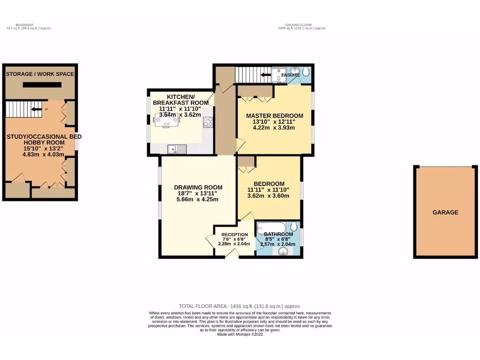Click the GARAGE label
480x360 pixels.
[445, 212]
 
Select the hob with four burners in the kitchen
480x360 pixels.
[208, 122]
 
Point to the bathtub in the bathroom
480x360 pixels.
[270, 227]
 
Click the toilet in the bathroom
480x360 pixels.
[293, 227]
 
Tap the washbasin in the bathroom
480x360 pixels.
[283, 252]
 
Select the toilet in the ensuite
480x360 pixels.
[306, 72]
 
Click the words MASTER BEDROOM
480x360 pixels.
[275, 116]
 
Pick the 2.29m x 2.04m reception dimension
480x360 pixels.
[235, 244]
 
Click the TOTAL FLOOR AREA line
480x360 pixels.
[240, 306]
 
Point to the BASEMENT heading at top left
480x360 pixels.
[24, 25]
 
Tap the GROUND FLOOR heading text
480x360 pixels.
[298, 25]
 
